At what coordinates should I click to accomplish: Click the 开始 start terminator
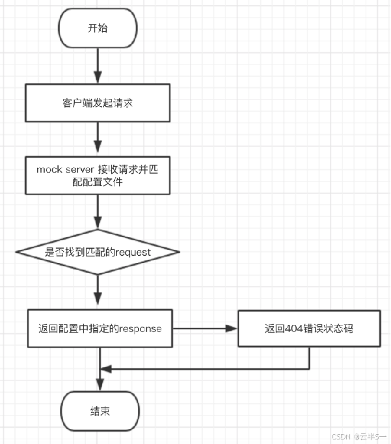pyautogui.click(x=98, y=28)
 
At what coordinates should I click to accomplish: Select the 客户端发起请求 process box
pyautogui.click(x=98, y=104)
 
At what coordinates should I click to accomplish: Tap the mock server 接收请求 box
pyautogui.click(x=98, y=175)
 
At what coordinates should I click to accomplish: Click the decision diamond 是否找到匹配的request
pyautogui.click(x=98, y=251)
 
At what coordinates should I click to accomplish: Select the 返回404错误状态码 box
pyautogui.click(x=308, y=328)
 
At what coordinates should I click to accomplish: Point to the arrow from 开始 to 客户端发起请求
pyautogui.click(x=98, y=65)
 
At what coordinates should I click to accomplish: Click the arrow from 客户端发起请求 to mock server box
pyautogui.click(x=98, y=139)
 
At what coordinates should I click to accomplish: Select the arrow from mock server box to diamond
pyautogui.click(x=98, y=212)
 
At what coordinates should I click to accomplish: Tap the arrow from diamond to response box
pyautogui.click(x=98, y=290)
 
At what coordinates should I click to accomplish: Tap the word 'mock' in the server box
pyautogui.click(x=49, y=169)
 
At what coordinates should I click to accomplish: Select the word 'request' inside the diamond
pyautogui.click(x=133, y=252)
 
